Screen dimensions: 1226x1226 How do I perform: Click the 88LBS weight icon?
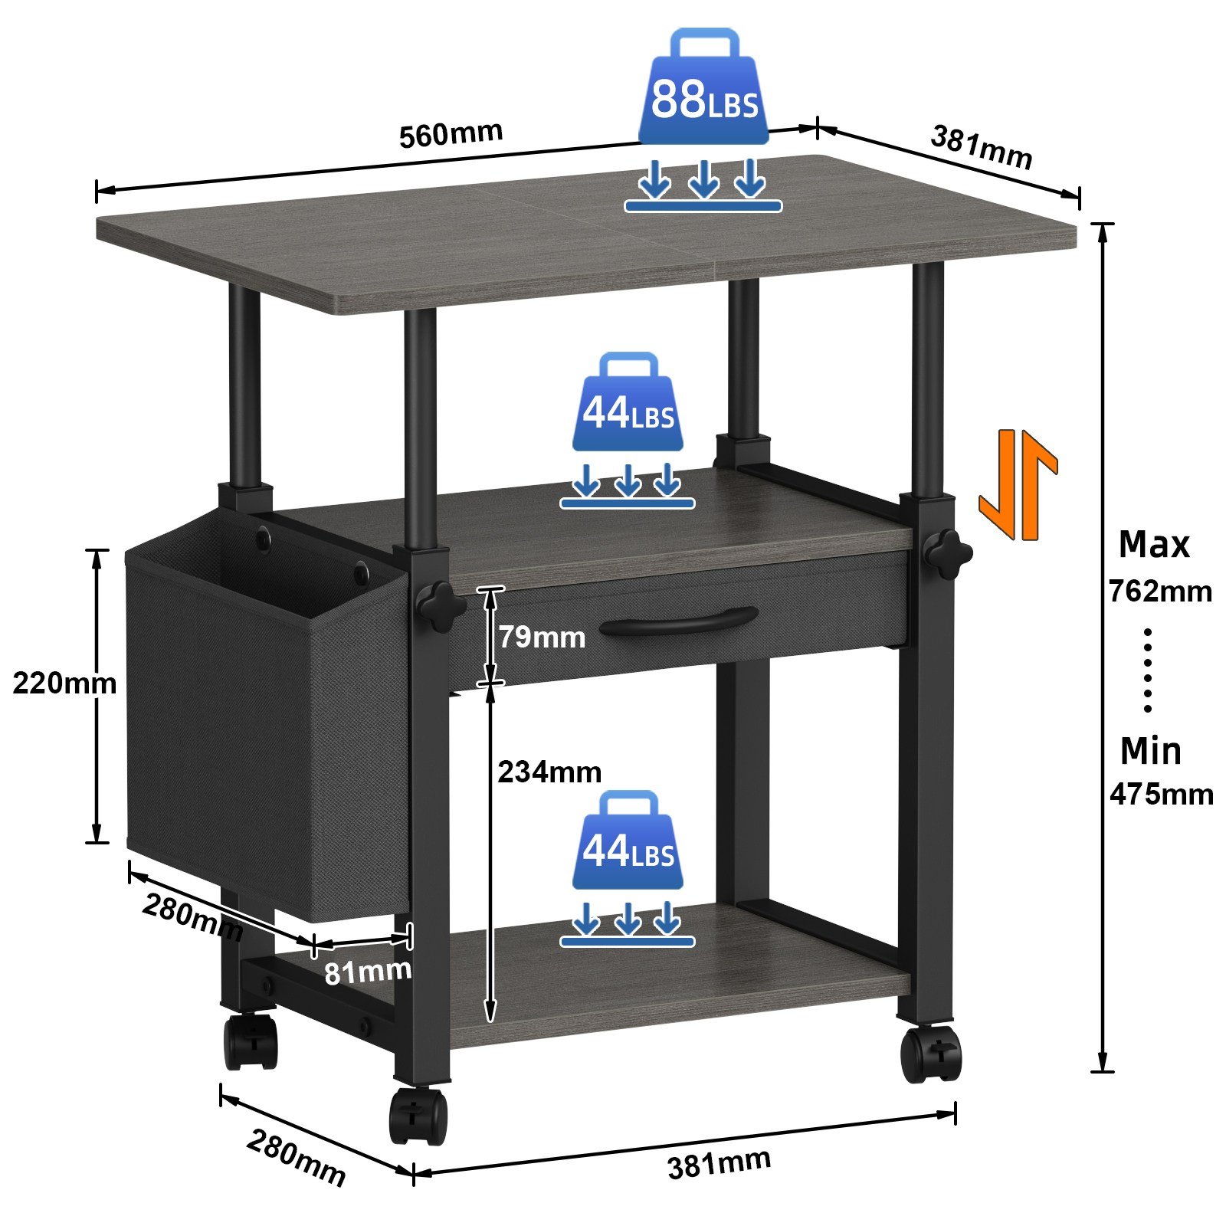pyautogui.click(x=703, y=87)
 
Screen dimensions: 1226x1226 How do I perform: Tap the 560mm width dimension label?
pyautogui.click(x=451, y=133)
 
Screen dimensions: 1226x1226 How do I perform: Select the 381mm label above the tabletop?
pyautogui.click(x=982, y=147)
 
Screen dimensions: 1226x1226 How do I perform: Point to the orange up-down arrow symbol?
pyautogui.click(x=1018, y=484)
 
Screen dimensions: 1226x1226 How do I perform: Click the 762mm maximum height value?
pyautogui.click(x=1160, y=592)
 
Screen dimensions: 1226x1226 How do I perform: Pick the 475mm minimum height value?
pyautogui.click(x=1162, y=794)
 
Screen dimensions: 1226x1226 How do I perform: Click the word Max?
pyautogui.click(x=1154, y=545)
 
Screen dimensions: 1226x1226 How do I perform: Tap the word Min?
pyautogui.click(x=1151, y=751)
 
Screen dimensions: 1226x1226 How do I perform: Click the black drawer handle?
pyautogui.click(x=679, y=620)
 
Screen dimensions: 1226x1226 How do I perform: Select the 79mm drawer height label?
pyautogui.click(x=542, y=637)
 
